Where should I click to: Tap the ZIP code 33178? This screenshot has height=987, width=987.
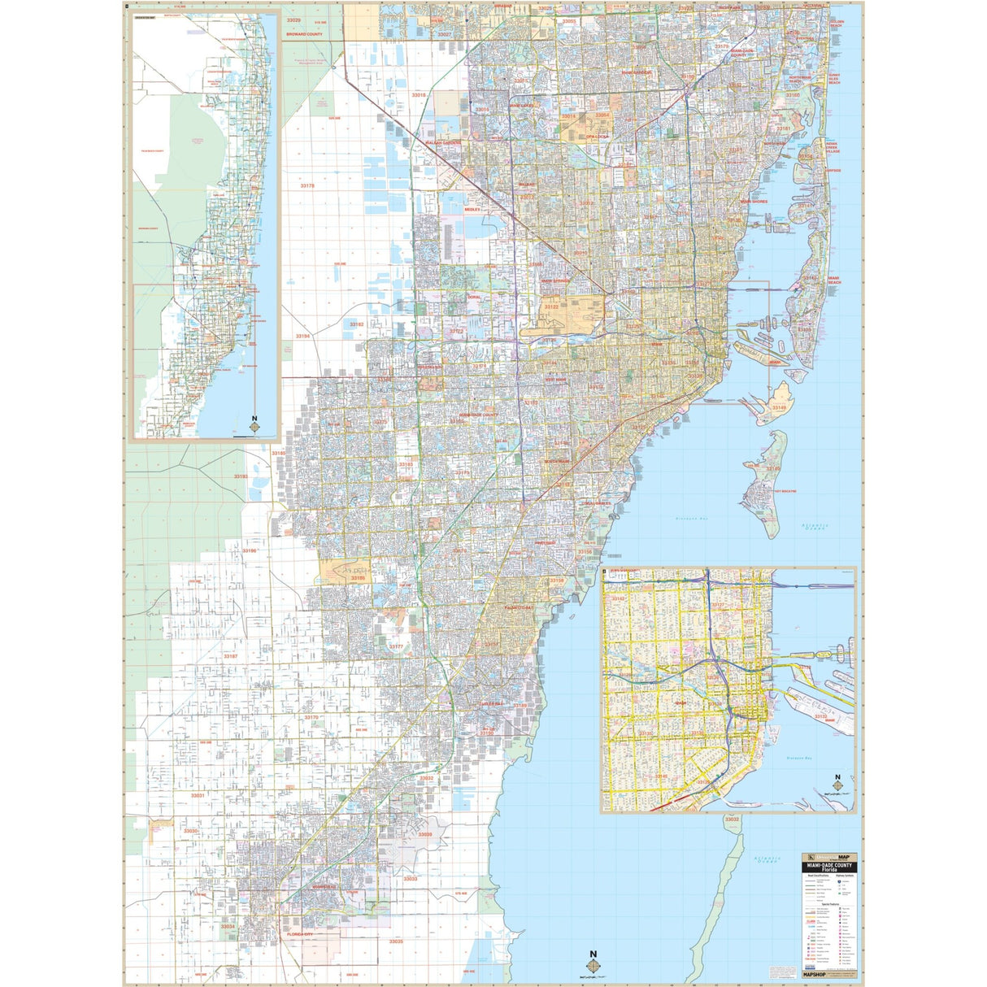307,186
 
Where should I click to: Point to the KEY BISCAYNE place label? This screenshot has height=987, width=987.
785,492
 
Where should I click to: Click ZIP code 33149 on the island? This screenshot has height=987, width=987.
780,407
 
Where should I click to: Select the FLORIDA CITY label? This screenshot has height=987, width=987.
299,935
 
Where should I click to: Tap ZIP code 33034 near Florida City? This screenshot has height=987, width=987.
228,926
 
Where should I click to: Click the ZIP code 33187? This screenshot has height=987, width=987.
230,656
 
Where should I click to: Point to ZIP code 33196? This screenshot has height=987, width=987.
249,551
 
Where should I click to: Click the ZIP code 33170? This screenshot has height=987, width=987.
311,717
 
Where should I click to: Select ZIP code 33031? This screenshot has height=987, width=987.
197,795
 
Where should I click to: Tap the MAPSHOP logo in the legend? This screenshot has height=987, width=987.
814,972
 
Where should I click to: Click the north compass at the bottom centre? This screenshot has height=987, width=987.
594,962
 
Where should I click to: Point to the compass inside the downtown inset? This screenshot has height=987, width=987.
837,784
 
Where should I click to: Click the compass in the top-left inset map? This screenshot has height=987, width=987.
255,424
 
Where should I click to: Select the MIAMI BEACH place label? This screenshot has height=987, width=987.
833,280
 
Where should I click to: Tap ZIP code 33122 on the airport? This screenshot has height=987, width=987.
551,307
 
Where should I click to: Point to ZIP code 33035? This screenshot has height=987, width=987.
395,941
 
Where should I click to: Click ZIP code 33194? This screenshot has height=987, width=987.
302,336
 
